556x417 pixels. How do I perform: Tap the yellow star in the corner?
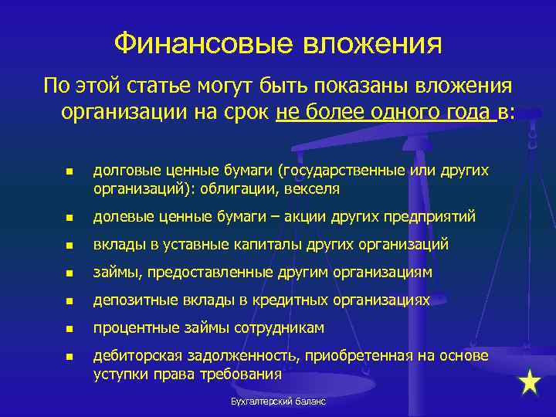point(530,383)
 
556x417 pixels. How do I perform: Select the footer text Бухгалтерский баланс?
point(278,402)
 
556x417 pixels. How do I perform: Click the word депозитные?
point(128,300)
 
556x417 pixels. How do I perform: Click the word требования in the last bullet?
point(244,375)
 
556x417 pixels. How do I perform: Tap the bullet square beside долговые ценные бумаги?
point(69,171)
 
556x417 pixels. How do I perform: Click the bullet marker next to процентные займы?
point(69,329)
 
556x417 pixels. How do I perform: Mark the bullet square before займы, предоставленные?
point(69,273)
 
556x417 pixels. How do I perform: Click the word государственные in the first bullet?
point(338,169)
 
